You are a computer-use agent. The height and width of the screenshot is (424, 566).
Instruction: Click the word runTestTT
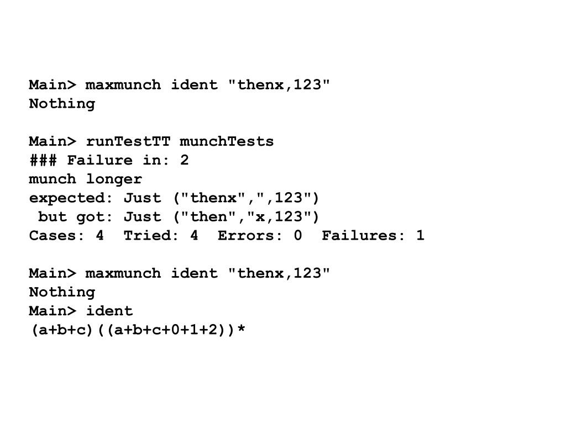pyautogui.click(x=128, y=141)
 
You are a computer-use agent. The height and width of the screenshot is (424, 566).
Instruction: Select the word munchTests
pyautogui.click(x=227, y=141)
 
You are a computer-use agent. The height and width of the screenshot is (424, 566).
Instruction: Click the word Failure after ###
pyautogui.click(x=99, y=160)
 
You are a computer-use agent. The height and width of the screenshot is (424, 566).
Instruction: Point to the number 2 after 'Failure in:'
pyautogui.click(x=185, y=160)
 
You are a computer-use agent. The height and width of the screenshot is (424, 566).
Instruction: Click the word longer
pyautogui.click(x=114, y=179)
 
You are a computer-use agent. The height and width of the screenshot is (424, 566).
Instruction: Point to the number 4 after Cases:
pyautogui.click(x=99, y=235)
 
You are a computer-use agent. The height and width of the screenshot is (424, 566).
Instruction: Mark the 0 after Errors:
pyautogui.click(x=298, y=235)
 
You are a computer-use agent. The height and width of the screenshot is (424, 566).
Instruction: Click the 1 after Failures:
pyautogui.click(x=421, y=235)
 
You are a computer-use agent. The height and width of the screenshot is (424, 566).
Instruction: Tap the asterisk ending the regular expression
pyautogui.click(x=241, y=330)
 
